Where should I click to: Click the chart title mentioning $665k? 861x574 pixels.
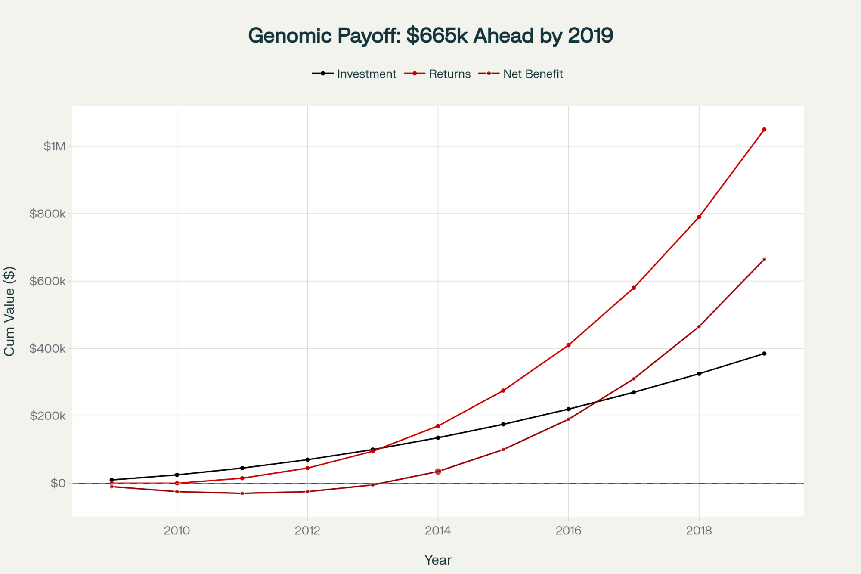(x=430, y=35)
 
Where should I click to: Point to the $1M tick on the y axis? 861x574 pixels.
(x=55, y=146)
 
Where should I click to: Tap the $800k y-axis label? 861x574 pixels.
(x=47, y=214)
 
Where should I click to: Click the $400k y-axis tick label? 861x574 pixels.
(x=47, y=348)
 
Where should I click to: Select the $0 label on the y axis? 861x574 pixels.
(x=58, y=483)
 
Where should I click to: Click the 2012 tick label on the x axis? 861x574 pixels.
(x=307, y=531)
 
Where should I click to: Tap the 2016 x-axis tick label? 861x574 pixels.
(x=568, y=531)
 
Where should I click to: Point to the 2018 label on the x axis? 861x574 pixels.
(x=699, y=531)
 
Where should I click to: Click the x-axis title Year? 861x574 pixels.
(x=438, y=560)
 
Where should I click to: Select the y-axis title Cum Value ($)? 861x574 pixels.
(x=9, y=311)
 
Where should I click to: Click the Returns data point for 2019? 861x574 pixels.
(x=764, y=129)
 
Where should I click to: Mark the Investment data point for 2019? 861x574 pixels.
(x=764, y=354)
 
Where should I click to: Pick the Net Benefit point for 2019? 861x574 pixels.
(x=764, y=259)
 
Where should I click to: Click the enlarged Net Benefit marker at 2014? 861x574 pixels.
(x=438, y=472)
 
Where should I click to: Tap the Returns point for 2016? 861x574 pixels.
(x=568, y=345)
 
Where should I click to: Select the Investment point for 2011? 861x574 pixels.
(x=242, y=468)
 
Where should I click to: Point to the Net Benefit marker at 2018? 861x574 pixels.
(x=699, y=326)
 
